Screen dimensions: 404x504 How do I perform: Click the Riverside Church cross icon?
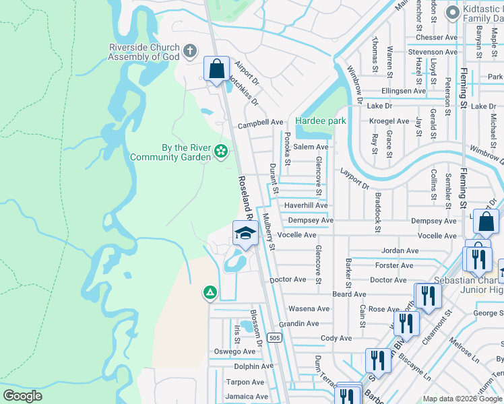click(x=190, y=50)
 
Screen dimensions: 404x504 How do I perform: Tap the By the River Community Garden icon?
click(x=220, y=153)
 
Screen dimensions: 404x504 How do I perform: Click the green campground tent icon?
click(x=210, y=292)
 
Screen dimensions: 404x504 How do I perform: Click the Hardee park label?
click(x=321, y=121)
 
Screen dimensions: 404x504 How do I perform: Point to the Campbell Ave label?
click(x=260, y=123)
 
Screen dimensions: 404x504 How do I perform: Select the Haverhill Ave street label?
click(x=305, y=206)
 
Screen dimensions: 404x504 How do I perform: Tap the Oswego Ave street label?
click(x=233, y=351)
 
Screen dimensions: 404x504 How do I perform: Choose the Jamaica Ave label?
click(x=247, y=397)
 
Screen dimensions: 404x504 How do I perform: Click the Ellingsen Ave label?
click(x=404, y=91)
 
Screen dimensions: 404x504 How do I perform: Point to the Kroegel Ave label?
click(x=389, y=122)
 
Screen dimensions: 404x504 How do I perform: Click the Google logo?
click(x=23, y=396)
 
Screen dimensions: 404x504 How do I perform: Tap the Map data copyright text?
click(x=462, y=399)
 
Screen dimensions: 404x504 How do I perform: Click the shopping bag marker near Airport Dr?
click(x=216, y=69)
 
